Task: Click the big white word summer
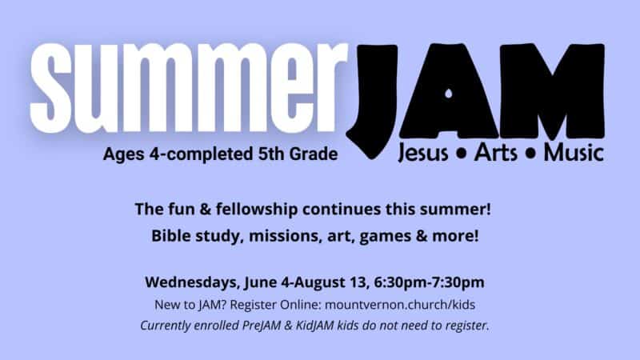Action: (x=189, y=88)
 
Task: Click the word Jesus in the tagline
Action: (x=422, y=153)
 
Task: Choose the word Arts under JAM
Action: (x=496, y=152)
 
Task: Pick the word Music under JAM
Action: (x=574, y=152)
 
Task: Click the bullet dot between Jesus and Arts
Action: (x=462, y=154)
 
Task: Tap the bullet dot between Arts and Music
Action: (x=531, y=154)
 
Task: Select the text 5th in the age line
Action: (x=270, y=154)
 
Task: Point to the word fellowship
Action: (x=257, y=209)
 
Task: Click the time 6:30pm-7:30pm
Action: (x=429, y=282)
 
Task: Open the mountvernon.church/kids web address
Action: (x=400, y=305)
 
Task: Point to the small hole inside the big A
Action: (x=449, y=94)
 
